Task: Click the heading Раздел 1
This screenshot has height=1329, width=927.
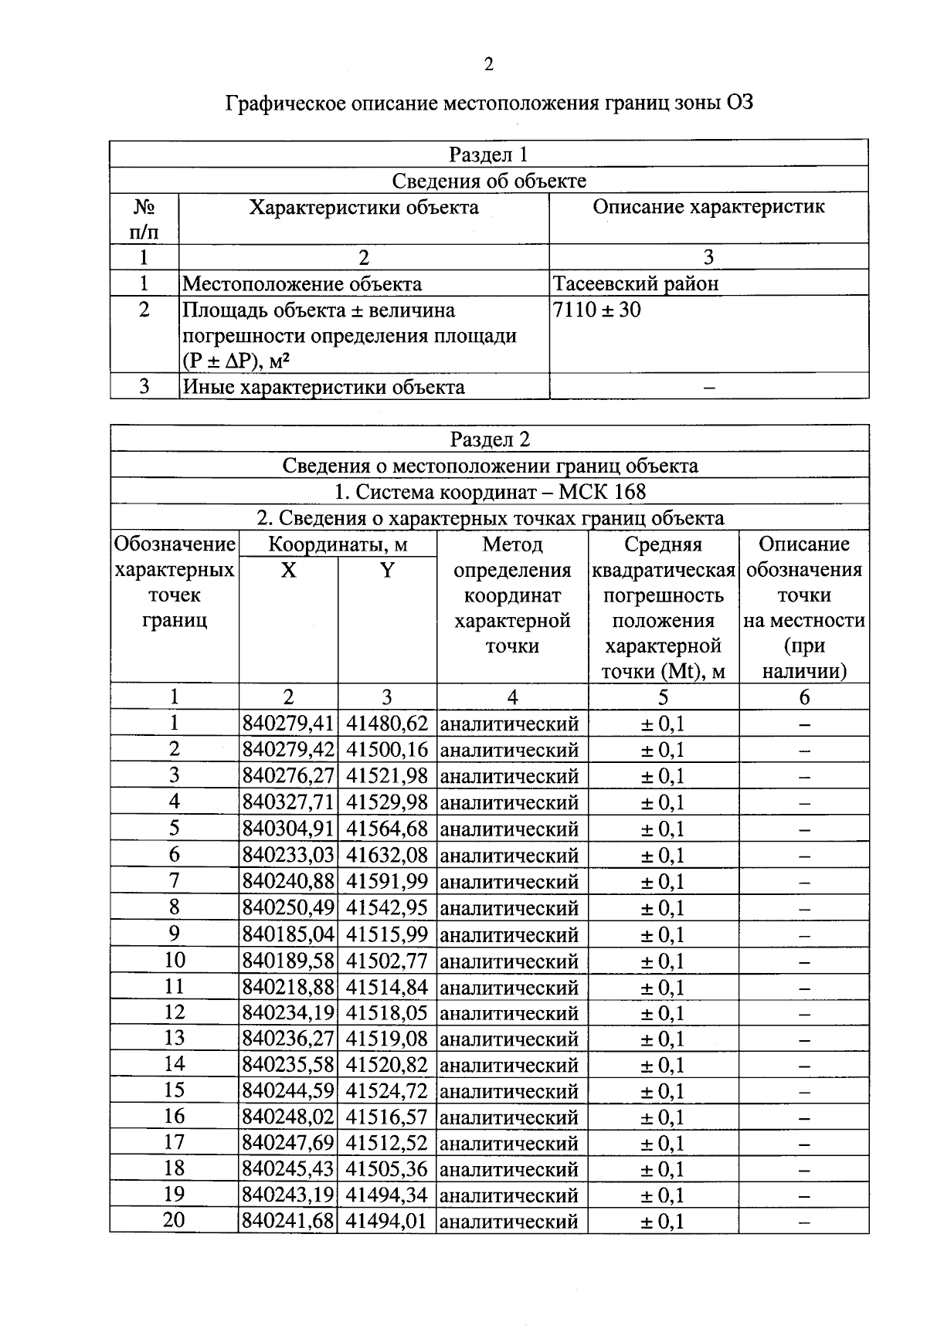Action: pos(488,154)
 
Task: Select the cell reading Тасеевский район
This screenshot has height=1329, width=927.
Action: pos(635,283)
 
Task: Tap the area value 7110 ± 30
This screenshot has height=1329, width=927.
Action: pos(596,310)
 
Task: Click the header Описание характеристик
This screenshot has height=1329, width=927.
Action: pos(708,207)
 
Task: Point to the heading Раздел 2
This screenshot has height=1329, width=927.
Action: pos(490,439)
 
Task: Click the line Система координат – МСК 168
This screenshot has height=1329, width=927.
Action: pos(490,492)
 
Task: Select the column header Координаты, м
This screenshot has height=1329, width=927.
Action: pos(338,544)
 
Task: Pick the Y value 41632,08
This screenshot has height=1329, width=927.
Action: pos(386,855)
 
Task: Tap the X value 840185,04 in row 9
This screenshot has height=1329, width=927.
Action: pos(287,934)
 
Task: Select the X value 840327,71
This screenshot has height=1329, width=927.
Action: pos(287,802)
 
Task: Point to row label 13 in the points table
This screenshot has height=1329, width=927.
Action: pos(175,1038)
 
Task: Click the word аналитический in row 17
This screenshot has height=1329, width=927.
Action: pos(509,1144)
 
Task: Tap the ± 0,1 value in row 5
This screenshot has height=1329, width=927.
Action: pos(662,829)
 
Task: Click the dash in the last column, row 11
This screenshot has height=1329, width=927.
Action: pos(803,988)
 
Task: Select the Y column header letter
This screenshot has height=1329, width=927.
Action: pos(387,571)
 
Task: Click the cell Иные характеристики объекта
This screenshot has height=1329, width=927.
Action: pos(324,387)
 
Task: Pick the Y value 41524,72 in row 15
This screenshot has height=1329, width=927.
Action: pos(386,1091)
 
